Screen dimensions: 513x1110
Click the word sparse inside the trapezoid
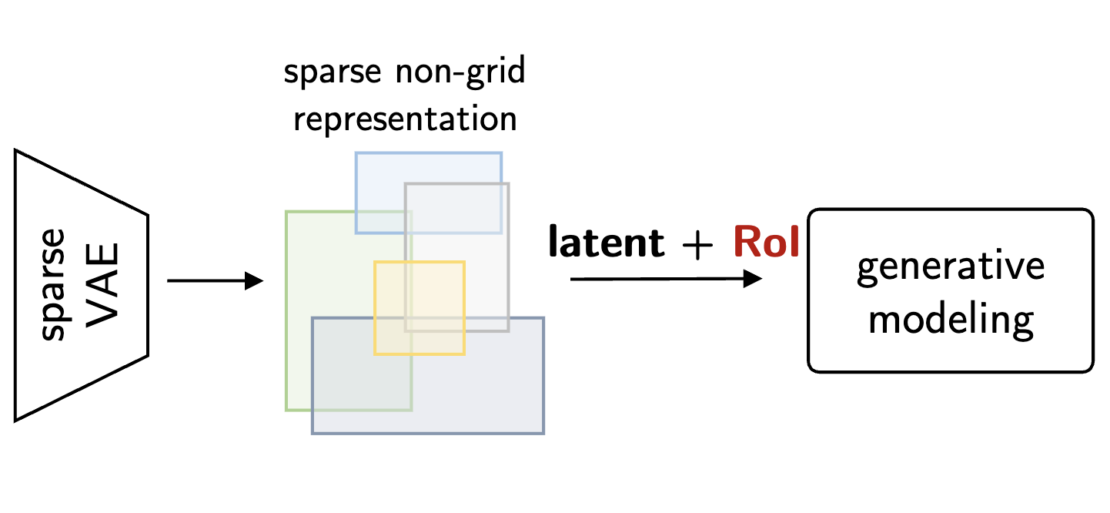53,283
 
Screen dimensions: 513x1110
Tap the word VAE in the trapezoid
101,284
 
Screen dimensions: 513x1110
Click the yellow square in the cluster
420,308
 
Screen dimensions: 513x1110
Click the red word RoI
766,242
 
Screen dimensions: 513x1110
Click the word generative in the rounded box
951,267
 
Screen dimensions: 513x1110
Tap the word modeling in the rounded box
951,320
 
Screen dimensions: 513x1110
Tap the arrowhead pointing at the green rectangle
255,280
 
